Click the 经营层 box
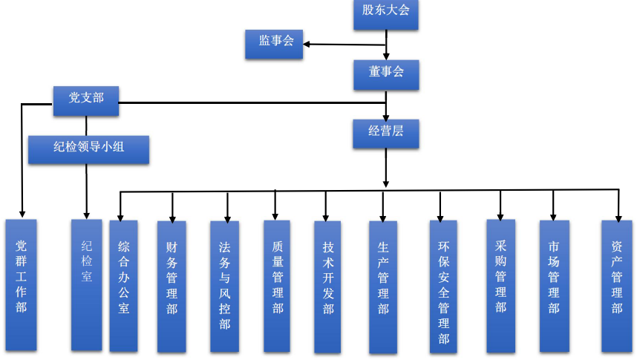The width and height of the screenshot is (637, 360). point(385,133)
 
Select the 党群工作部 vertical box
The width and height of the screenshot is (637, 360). point(21,284)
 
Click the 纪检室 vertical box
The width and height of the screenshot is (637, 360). point(86,284)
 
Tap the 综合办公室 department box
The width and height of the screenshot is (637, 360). point(123,284)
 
